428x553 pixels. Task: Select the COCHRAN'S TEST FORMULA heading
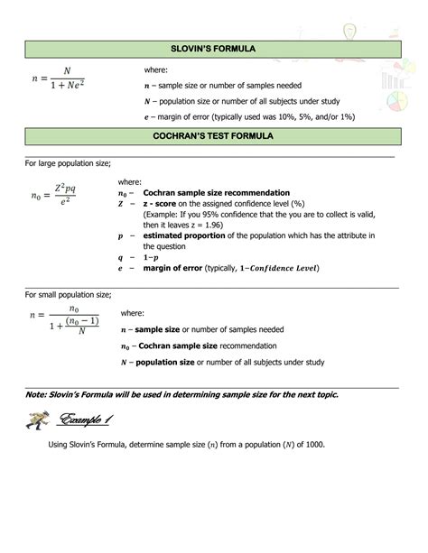click(213, 135)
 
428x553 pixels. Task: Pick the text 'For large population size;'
click(68, 162)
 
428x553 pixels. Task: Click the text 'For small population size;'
click(68, 294)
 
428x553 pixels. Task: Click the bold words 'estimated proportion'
click(189, 235)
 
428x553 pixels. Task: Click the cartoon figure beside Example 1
click(39, 419)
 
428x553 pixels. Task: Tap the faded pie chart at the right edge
click(396, 102)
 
